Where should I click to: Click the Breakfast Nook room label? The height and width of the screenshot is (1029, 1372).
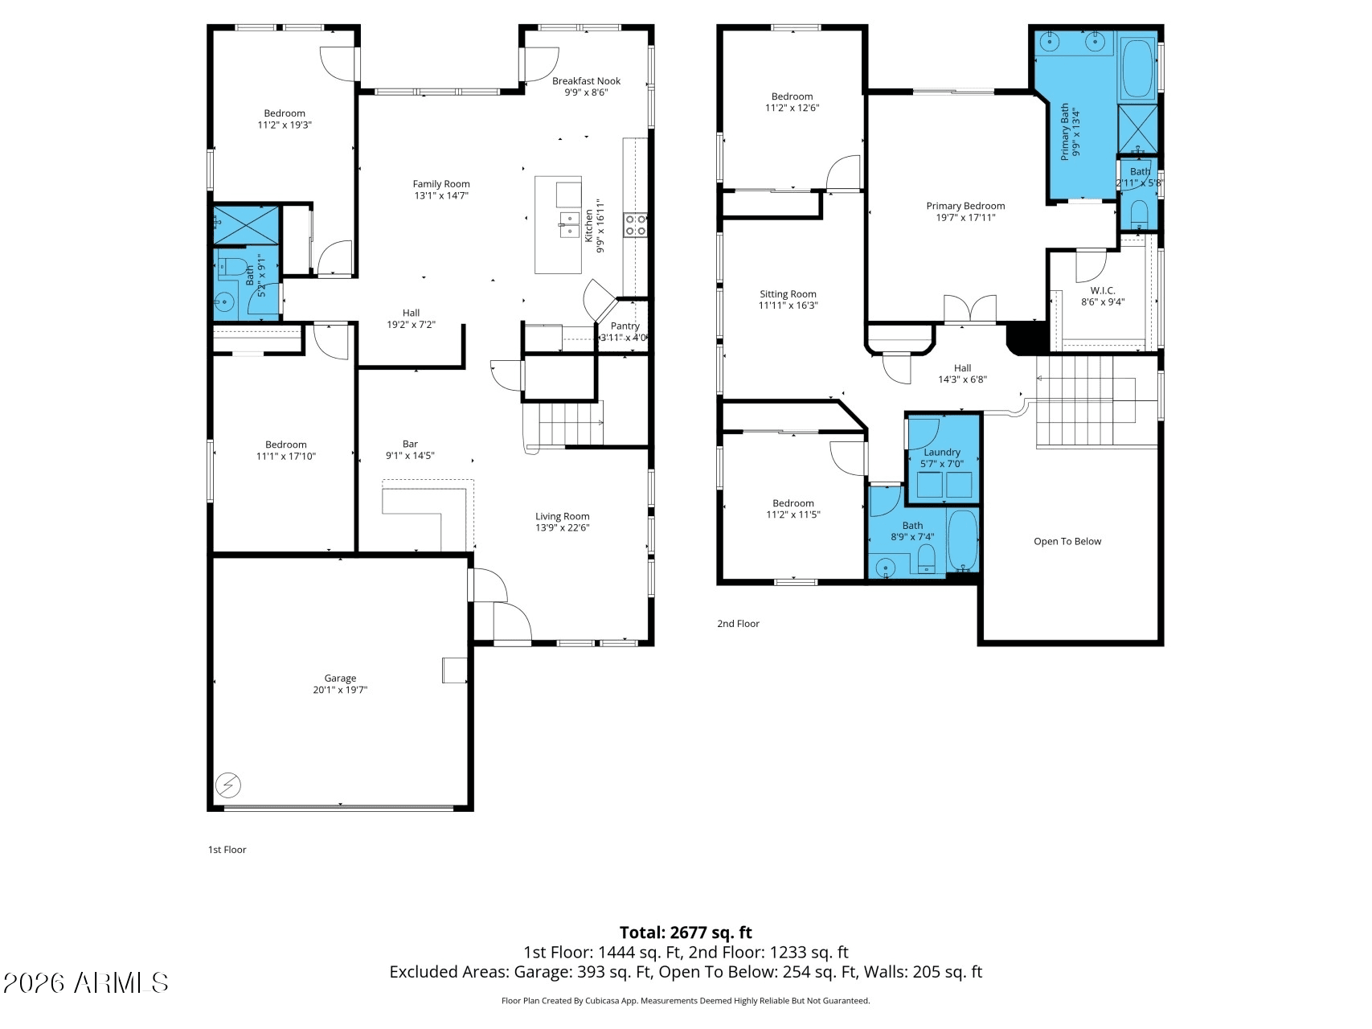click(586, 81)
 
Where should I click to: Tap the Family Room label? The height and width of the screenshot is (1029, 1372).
click(441, 184)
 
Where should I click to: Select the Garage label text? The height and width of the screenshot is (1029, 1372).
click(340, 678)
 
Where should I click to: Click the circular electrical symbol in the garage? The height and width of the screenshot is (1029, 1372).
click(228, 784)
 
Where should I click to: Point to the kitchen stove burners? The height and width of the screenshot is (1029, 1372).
click(635, 224)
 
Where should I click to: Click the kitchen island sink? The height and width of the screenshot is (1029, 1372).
click(570, 224)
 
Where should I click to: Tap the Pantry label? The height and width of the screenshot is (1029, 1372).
click(625, 326)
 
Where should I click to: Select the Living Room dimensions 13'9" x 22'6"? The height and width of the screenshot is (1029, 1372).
click(563, 528)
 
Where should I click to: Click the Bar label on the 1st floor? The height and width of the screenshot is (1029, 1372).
click(410, 444)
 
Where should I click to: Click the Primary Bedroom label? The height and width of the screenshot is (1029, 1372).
click(965, 207)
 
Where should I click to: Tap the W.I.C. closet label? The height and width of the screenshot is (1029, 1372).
click(1103, 291)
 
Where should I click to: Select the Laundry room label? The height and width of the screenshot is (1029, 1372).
click(942, 453)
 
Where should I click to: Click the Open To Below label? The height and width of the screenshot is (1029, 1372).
click(1067, 542)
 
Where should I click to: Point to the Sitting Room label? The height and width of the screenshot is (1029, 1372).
click(788, 294)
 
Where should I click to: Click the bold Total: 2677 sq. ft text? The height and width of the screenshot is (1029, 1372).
click(686, 933)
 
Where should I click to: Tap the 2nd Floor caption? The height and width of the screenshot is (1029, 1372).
click(738, 624)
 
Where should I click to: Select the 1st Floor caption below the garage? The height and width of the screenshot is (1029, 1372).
click(227, 850)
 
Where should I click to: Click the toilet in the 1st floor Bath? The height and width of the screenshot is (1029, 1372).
click(231, 267)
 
